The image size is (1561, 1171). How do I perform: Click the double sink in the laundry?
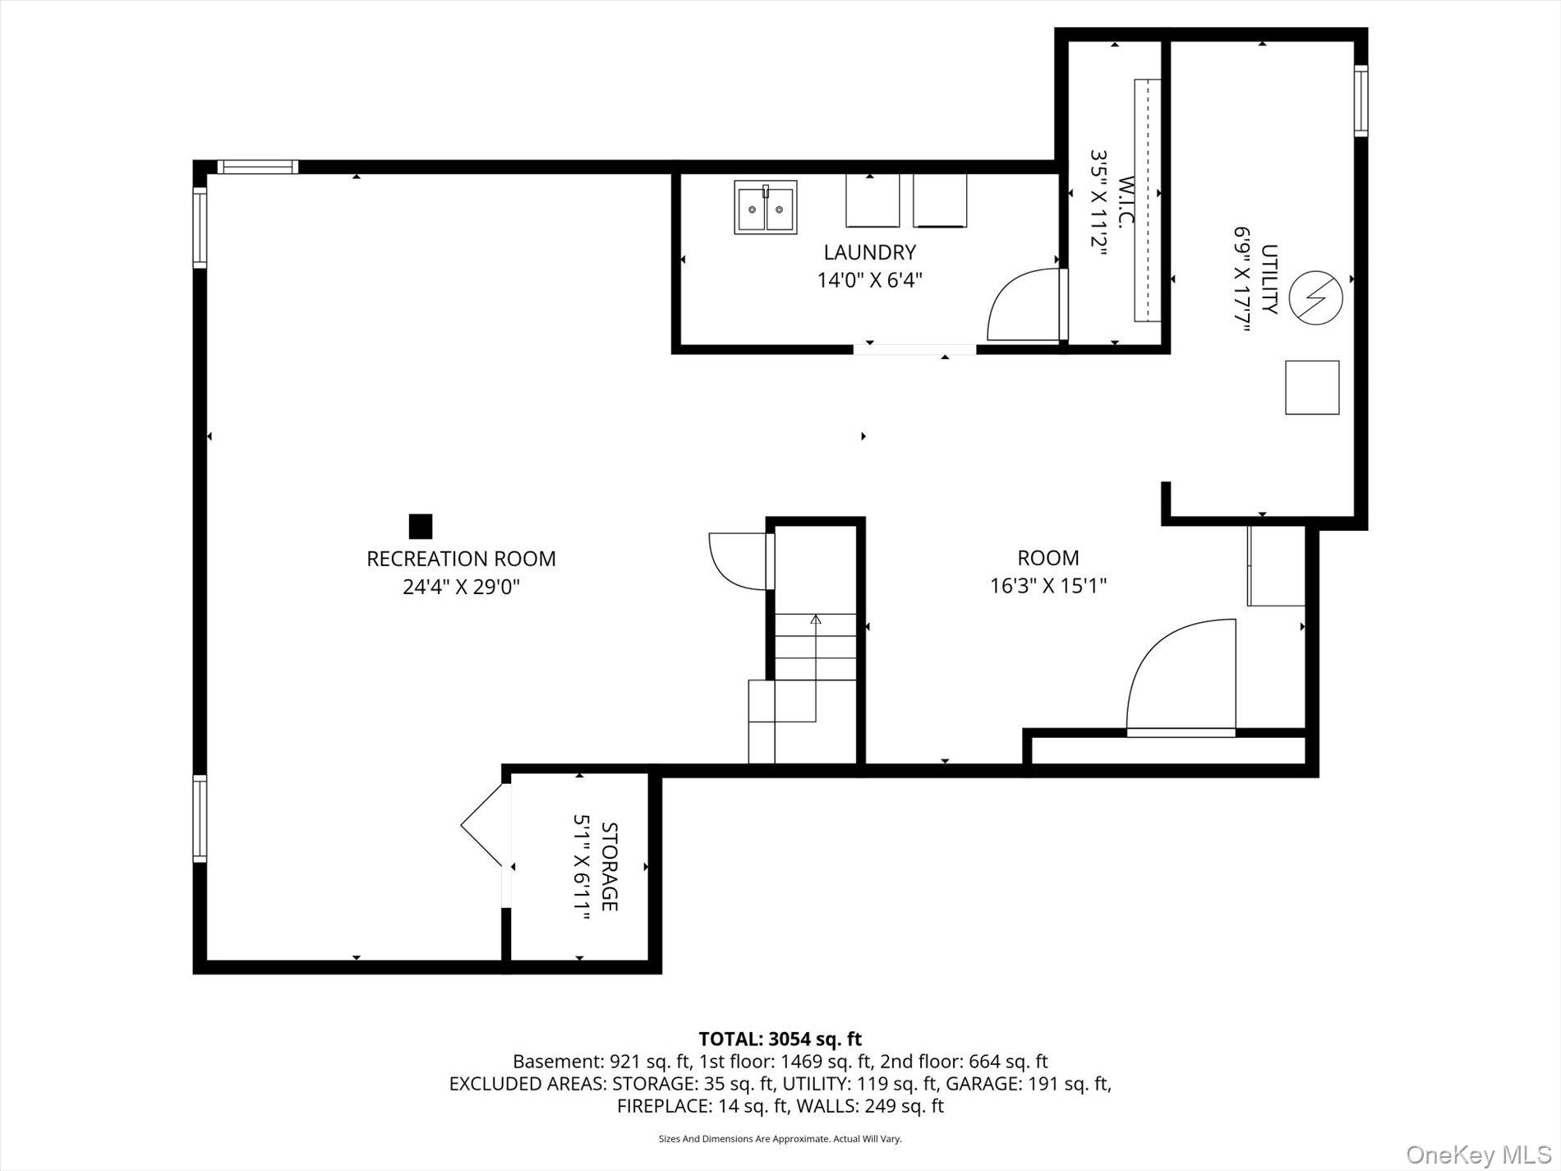[765, 208]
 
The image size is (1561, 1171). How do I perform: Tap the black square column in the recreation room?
[421, 526]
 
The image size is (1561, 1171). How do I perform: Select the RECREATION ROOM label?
[461, 559]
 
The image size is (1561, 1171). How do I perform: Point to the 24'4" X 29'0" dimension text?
[461, 588]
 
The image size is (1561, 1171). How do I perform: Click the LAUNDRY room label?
[869, 252]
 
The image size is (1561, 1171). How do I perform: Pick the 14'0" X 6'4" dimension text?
[869, 280]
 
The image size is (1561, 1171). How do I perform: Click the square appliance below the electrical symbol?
[1312, 387]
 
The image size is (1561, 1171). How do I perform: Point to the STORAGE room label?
[609, 867]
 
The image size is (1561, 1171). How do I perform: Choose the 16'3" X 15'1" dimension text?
[1048, 586]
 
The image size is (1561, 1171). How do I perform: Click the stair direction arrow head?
[816, 619]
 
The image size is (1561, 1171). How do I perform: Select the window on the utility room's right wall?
[1361, 100]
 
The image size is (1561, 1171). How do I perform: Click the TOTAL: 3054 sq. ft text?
[780, 1040]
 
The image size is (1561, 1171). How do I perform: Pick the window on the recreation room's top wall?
[258, 167]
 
